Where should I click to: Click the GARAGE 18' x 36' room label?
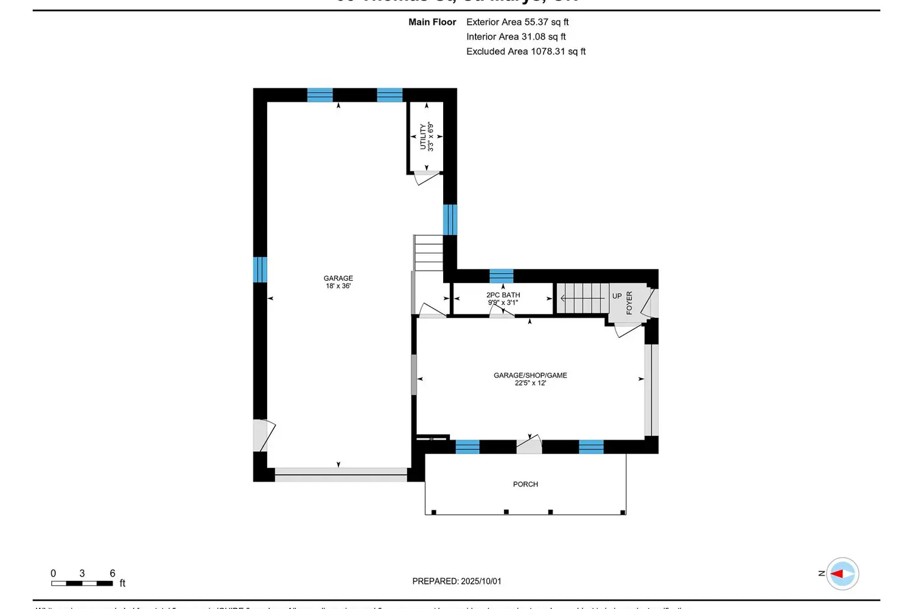pos(338,282)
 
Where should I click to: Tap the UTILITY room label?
pos(426,137)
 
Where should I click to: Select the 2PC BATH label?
pos(503,298)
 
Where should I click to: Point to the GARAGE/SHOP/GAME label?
pos(530,379)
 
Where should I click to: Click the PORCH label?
pos(525,484)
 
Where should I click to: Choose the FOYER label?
pos(629,303)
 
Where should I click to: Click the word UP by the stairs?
pos(617,296)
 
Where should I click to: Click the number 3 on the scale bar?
pos(82,573)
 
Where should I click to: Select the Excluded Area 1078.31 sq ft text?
pos(526,52)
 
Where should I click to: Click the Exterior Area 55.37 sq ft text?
pos(517,22)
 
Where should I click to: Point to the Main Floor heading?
pos(432,22)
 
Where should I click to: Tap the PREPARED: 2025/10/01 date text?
pos(456,581)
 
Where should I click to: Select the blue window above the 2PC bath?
pos(501,276)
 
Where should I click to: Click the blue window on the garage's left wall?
pos(260,270)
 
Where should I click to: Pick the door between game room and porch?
pos(529,445)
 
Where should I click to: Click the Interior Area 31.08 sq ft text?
pos(516,37)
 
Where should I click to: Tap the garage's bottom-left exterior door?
pos(263,435)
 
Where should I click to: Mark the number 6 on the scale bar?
pos(113,573)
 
